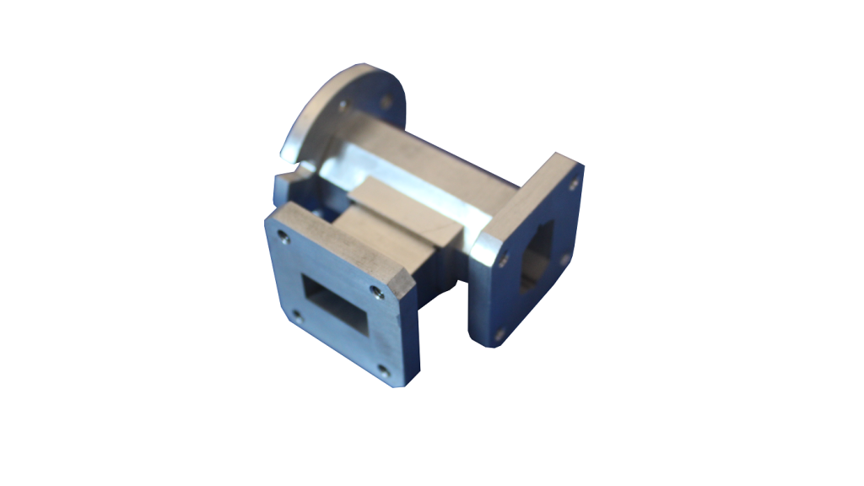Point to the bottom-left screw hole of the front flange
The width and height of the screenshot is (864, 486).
295,316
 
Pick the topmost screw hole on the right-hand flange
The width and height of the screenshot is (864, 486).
574,181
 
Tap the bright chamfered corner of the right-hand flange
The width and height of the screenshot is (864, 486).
484,246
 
